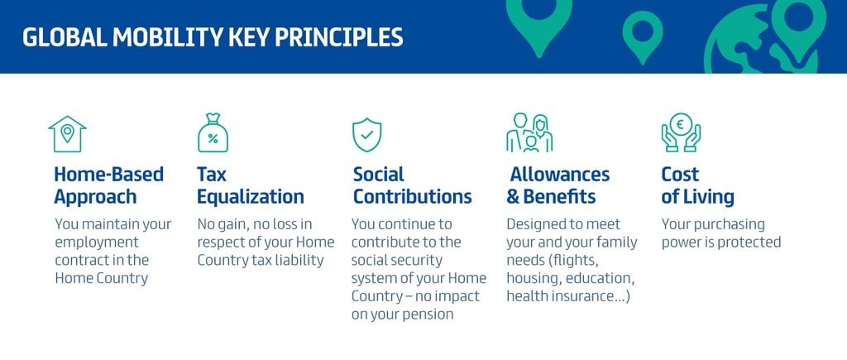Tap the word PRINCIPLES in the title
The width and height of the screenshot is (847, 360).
click(338, 37)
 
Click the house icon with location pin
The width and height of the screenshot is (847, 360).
click(67, 134)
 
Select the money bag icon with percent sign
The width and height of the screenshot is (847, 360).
click(213, 133)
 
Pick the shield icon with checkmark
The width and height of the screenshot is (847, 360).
click(366, 135)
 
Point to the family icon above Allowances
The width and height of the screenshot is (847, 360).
click(529, 132)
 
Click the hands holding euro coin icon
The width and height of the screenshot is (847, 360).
click(681, 132)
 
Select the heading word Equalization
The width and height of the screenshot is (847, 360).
click(250, 196)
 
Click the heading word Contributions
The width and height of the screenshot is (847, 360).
click(412, 196)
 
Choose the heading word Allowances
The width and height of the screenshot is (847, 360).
click(560, 174)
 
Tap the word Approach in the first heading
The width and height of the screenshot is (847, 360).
click(95, 197)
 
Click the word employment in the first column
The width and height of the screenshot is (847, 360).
click(97, 242)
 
